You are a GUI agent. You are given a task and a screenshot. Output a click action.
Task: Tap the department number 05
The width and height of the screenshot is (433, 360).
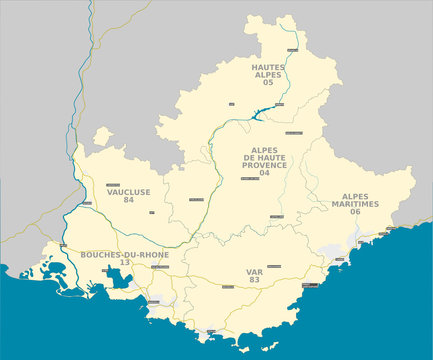(x=268, y=82)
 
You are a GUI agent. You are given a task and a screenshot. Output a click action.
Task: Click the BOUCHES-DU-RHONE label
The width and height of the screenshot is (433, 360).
(x=125, y=255)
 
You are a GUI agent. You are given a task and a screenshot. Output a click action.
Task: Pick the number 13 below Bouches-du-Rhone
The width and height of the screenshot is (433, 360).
(x=125, y=263)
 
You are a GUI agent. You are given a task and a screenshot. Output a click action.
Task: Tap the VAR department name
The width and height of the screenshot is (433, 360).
(x=254, y=271)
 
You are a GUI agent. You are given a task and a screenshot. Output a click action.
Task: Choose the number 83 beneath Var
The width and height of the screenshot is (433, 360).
(x=254, y=279)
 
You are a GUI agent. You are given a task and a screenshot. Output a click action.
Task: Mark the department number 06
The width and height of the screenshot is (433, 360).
(x=355, y=212)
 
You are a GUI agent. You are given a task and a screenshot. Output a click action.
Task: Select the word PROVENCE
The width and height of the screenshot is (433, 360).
(x=264, y=165)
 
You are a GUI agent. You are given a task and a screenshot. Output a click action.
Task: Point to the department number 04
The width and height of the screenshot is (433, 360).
(x=264, y=173)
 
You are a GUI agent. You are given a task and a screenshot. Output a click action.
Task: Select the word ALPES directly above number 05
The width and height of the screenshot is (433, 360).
(x=268, y=74)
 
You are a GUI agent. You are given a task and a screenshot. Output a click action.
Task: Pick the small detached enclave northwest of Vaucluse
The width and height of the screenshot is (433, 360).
(x=102, y=137)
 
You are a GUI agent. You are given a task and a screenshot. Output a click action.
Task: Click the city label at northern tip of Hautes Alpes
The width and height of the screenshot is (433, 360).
(x=291, y=49)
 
